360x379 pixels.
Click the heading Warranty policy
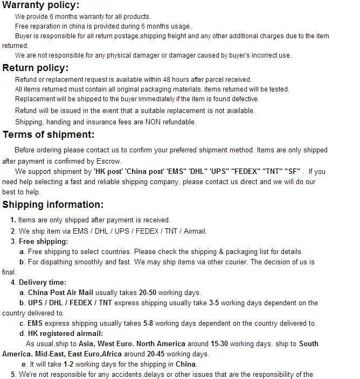(41, 5)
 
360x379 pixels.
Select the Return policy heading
(36, 68)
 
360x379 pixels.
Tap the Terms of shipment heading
(49, 135)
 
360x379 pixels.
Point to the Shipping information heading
(53, 205)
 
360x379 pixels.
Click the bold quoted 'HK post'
(108, 172)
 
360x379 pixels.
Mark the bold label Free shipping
(43, 242)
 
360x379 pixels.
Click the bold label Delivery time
(43, 282)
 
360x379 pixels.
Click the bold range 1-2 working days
(70, 364)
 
